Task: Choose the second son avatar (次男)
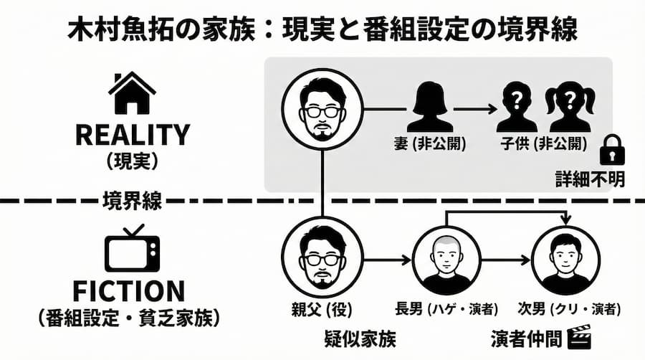(568, 260)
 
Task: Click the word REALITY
(132, 134)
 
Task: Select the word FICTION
(132, 290)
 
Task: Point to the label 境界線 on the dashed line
(132, 199)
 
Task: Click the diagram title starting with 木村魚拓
(322, 29)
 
